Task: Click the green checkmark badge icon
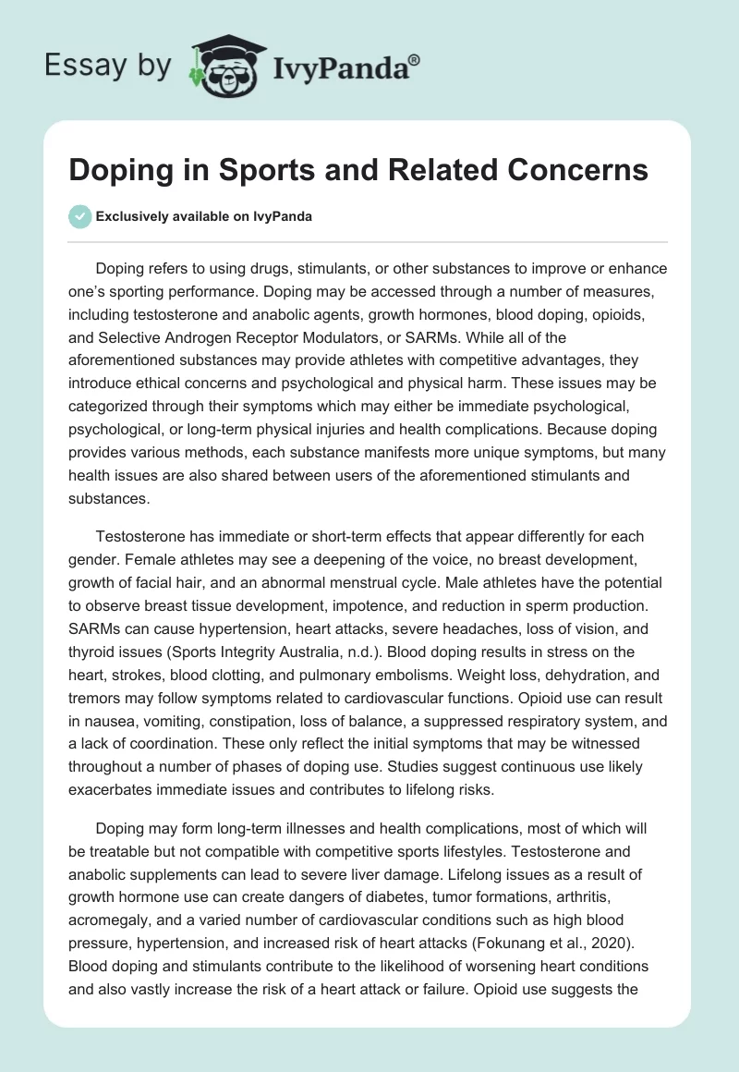[x=80, y=216]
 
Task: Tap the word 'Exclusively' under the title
[x=129, y=217]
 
